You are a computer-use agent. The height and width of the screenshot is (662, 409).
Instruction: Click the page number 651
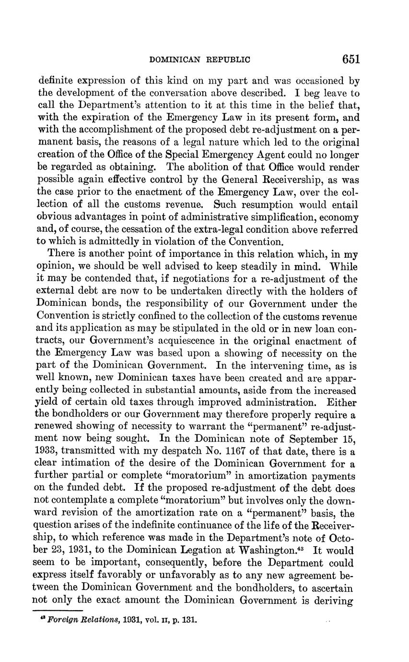[351, 60]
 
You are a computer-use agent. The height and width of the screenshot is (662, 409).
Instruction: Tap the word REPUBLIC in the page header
[228, 60]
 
